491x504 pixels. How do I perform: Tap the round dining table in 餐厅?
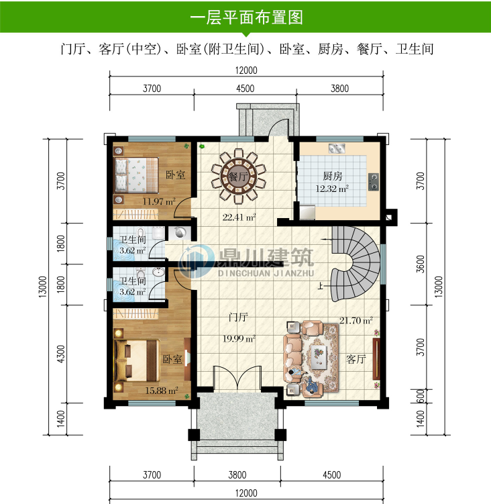tap(235, 177)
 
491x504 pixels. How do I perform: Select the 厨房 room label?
tap(333, 176)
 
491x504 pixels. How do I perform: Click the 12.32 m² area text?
tap(332, 189)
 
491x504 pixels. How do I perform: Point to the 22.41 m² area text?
tap(239, 217)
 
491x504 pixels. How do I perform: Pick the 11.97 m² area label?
tap(158, 200)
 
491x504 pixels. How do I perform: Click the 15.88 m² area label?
tap(161, 390)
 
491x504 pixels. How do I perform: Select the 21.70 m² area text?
tap(356, 321)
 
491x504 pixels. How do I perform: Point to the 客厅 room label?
tap(356, 359)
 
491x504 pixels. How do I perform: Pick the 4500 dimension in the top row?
tap(245, 88)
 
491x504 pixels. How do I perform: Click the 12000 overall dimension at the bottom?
tap(245, 493)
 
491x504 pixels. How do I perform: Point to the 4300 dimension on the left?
tap(62, 353)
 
